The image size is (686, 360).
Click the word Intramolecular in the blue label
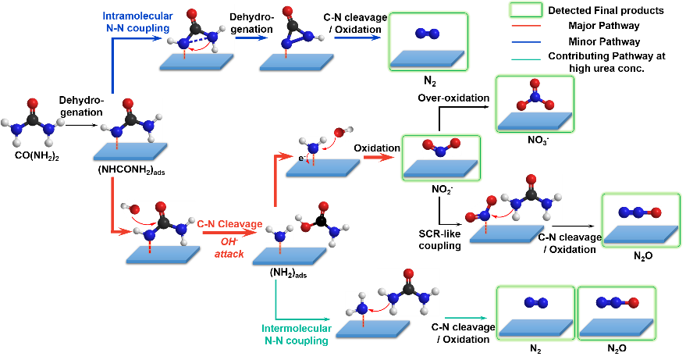tap(137, 16)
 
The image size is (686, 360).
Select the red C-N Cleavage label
tap(229, 224)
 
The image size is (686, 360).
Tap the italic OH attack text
tap(229, 248)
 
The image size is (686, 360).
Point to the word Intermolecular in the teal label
tap(297, 329)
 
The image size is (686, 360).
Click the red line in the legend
tap(526, 26)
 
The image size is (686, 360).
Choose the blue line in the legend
tap(526, 42)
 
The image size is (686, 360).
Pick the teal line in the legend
tap(526, 59)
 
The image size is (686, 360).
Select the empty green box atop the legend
tap(526, 9)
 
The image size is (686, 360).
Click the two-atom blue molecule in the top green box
tap(428, 34)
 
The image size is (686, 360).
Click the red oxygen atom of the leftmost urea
tap(32, 103)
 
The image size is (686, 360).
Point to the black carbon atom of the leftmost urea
tap(32, 119)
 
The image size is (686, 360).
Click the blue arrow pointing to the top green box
tap(357, 37)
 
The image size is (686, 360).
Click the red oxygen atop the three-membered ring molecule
tap(288, 12)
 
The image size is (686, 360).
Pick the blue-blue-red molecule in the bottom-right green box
tap(617, 302)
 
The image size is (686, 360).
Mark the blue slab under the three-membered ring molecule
tap(297, 62)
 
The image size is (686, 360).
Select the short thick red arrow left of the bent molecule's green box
tap(379, 157)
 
